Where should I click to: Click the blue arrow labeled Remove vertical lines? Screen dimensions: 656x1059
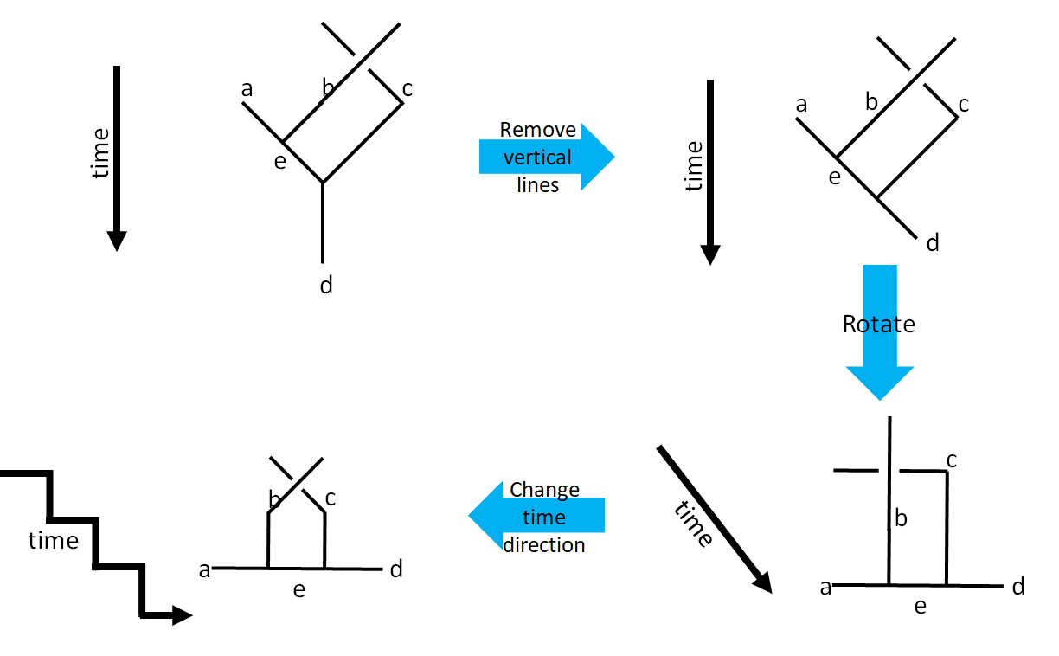(x=547, y=157)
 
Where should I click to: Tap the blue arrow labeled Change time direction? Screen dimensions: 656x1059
(x=536, y=518)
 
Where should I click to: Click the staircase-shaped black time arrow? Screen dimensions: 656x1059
(x=95, y=543)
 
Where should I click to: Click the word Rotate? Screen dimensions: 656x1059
(x=878, y=324)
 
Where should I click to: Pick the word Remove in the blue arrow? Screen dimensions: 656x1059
(x=537, y=130)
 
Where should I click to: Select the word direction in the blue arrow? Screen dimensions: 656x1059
(x=544, y=545)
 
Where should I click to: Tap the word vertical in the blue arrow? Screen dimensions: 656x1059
(x=537, y=158)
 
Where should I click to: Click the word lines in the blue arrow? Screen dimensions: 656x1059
(x=537, y=184)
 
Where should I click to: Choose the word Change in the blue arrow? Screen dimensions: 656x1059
(x=544, y=490)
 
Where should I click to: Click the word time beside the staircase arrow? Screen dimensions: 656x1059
(x=54, y=541)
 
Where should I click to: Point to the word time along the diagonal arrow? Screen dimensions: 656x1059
(x=693, y=524)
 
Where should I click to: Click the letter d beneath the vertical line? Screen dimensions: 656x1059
(x=326, y=285)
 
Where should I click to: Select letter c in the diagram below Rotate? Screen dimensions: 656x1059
(x=951, y=460)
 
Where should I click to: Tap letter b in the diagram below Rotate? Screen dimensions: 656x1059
(x=901, y=518)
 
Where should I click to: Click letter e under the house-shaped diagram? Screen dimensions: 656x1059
(x=298, y=590)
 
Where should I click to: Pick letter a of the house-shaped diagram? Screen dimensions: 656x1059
(x=205, y=569)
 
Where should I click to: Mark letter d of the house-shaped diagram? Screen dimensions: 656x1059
(x=396, y=569)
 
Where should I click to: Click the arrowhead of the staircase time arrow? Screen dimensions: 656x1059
(x=181, y=615)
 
